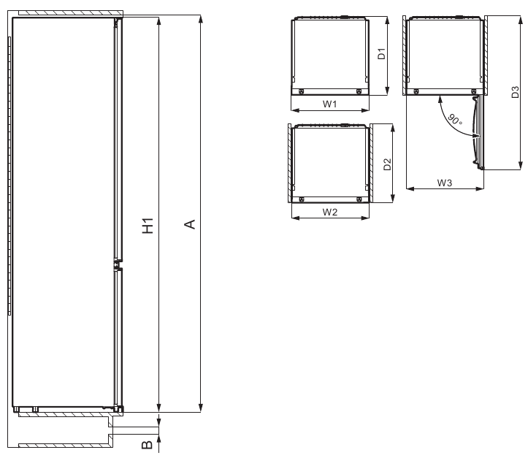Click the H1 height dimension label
pos(148,226)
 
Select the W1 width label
pos(329,104)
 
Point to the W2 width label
pos(329,213)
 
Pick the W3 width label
pos(444,183)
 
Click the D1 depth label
pos(380,55)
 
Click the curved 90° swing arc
pos(446,117)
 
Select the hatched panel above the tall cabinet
pos(69,14)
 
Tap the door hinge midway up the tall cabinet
pos(115,264)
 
